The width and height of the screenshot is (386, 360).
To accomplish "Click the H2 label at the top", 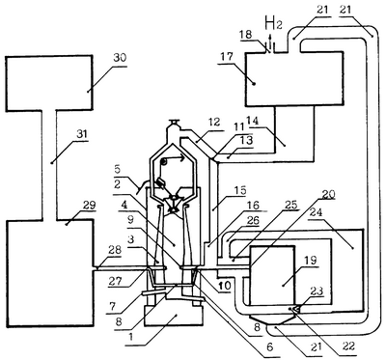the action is [x=273, y=23].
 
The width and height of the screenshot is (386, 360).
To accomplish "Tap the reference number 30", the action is [x=120, y=58].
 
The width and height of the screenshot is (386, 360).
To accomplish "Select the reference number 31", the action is [x=82, y=134].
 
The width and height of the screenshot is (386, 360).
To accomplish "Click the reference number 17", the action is [x=225, y=57].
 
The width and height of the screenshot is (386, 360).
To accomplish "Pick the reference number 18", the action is [x=246, y=34].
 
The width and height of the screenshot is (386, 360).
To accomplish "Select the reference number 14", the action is [x=253, y=121].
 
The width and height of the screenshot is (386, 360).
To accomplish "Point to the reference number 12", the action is [x=214, y=122].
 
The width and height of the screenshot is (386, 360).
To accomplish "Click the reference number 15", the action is [x=240, y=190].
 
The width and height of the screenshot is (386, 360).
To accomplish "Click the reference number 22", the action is [x=348, y=346].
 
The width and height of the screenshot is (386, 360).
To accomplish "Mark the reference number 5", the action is [x=118, y=168].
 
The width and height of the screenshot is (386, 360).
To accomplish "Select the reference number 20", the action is [x=328, y=194].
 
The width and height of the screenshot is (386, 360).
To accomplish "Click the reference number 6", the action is [x=269, y=347].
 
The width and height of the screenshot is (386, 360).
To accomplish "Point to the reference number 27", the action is [x=115, y=281].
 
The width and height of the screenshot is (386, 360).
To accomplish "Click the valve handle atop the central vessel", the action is [x=176, y=122].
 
